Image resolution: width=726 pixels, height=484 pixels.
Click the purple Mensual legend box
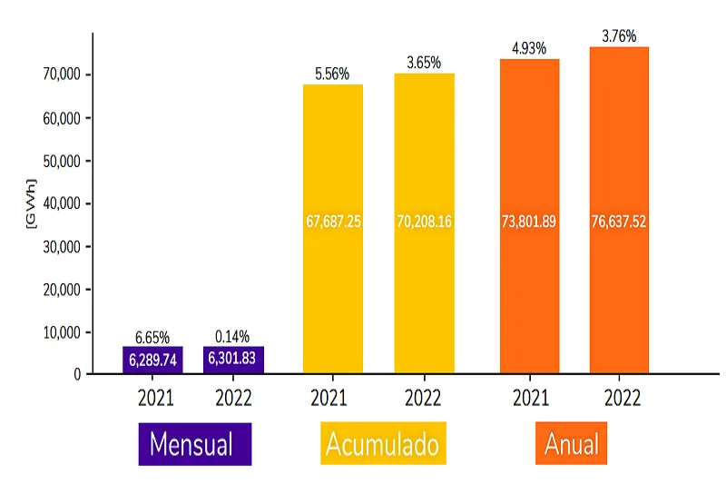click(x=194, y=444)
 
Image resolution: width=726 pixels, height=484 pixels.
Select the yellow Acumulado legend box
click(x=382, y=444)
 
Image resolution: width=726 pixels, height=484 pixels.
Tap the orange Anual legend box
click(x=571, y=444)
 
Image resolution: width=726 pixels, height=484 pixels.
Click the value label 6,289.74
click(x=153, y=359)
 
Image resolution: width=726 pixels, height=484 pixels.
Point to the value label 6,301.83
click(x=232, y=359)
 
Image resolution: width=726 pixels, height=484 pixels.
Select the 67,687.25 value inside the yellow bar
click(x=333, y=221)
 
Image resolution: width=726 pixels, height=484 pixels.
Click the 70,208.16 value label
click(x=424, y=221)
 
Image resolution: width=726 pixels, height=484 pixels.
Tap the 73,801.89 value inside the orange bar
click(x=529, y=221)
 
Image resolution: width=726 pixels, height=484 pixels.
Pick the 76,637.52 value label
click(x=619, y=221)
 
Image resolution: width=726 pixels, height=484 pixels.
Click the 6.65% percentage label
click(x=153, y=337)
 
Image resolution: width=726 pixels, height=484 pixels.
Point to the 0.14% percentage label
click(x=232, y=336)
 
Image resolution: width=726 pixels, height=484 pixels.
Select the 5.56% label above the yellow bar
click(x=332, y=74)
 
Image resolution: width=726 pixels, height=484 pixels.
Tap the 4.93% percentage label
click(x=529, y=48)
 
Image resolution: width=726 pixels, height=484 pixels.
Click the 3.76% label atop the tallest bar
click(x=619, y=36)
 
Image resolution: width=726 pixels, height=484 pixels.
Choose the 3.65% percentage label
click(x=424, y=63)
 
